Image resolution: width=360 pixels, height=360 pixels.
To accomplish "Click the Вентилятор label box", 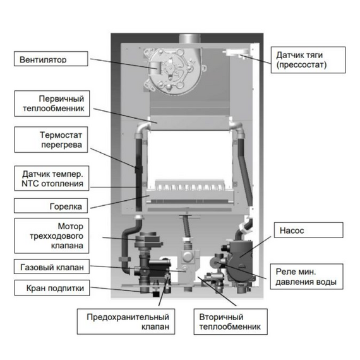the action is click(x=51, y=59).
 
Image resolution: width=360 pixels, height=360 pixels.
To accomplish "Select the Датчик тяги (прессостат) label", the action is click(x=308, y=60).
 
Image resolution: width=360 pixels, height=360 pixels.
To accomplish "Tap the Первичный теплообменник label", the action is click(x=52, y=104).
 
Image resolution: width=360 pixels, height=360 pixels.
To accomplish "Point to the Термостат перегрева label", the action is click(x=51, y=140).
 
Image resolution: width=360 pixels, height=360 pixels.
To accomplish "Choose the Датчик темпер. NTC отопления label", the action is click(x=52, y=178).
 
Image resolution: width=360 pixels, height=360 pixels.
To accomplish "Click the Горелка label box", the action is click(x=51, y=206).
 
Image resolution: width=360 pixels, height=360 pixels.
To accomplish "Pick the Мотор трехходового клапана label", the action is click(x=52, y=236).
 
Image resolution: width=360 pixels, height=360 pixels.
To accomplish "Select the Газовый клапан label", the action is click(x=52, y=267).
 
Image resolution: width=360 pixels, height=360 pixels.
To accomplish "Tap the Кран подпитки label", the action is click(x=52, y=287).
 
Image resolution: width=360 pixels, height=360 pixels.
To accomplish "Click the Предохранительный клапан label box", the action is click(x=126, y=321).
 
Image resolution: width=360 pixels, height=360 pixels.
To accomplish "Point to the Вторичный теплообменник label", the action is click(x=231, y=321).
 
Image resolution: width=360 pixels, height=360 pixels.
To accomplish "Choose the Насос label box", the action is click(x=309, y=230).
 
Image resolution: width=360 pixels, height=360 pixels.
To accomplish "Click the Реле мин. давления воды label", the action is click(x=306, y=277).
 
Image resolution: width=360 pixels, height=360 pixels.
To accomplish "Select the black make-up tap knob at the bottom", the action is click(x=156, y=294).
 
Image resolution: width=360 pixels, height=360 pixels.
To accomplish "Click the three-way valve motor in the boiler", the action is click(x=149, y=239).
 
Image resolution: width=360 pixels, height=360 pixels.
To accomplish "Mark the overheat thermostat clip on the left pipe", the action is click(x=139, y=170).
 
